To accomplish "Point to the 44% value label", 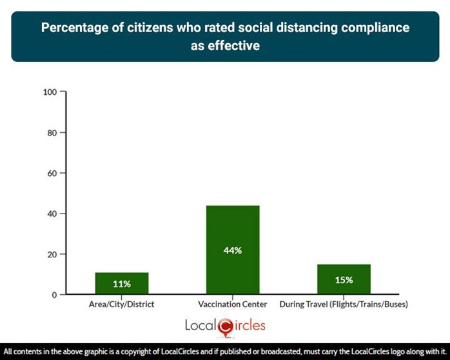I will coord(233,250).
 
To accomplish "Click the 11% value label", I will coord(122,284).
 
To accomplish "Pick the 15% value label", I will coord(344,280).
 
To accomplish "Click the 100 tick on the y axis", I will coord(50,92).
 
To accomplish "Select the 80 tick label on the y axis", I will coord(53,132).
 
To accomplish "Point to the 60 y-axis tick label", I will coord(53,173).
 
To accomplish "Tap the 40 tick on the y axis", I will coord(53,214).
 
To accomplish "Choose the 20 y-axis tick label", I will coord(53,254).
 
